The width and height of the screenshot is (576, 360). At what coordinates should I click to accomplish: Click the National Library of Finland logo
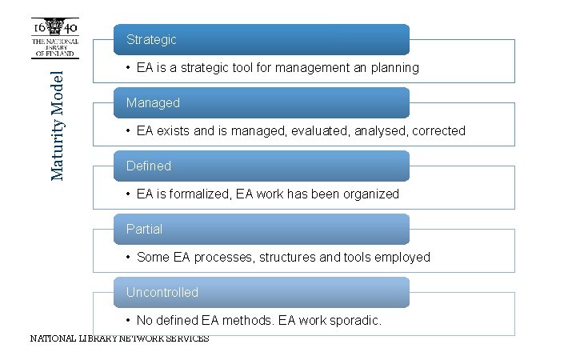coord(54,38)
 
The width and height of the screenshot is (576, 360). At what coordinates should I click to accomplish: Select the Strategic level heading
coord(151,39)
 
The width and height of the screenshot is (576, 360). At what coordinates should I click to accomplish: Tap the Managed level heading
coord(153,103)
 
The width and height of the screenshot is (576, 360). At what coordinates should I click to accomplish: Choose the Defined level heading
coord(149,166)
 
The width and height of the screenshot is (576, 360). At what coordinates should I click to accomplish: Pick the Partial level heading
coord(144,230)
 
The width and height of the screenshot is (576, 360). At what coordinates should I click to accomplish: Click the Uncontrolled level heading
coord(162,293)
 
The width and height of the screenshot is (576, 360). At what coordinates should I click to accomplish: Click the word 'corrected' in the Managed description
coord(438,131)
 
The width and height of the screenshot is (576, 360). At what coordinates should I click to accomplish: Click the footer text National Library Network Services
coord(119,338)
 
